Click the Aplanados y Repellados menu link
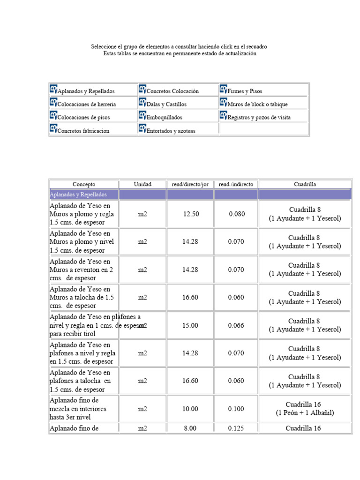(86, 91)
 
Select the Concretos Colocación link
(172, 91)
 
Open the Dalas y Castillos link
(166, 105)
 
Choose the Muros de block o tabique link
(257, 105)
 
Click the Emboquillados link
(164, 118)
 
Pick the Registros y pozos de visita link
(259, 118)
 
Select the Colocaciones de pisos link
(83, 118)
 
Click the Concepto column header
(84, 184)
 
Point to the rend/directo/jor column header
(190, 184)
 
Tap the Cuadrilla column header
(305, 184)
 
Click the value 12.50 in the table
(191, 214)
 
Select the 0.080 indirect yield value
(237, 214)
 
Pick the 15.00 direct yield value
(190, 325)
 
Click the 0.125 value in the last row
(236, 428)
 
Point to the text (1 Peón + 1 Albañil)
(305, 413)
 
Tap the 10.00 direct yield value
(190, 409)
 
